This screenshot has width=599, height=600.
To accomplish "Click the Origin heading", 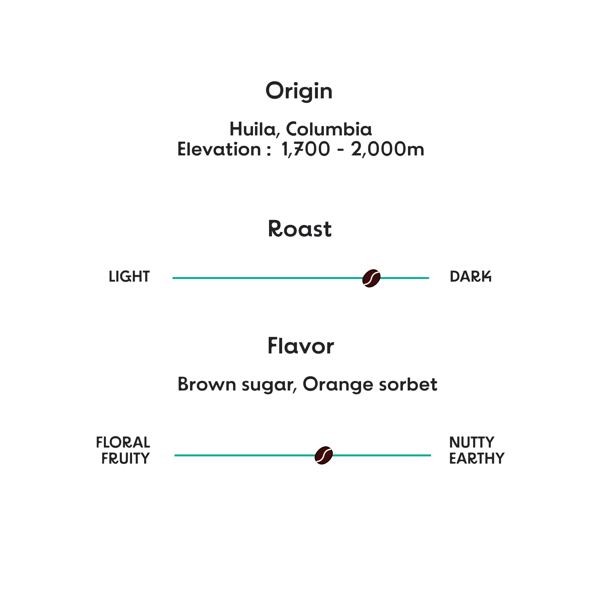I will (299, 91).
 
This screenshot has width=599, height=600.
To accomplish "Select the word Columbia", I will (329, 129).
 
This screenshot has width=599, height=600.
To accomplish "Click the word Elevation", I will (219, 150).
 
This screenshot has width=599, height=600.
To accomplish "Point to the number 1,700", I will (305, 150).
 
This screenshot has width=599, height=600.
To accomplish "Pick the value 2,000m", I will (387, 150).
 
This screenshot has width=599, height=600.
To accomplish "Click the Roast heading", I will (299, 229).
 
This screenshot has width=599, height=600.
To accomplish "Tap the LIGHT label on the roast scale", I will (129, 277).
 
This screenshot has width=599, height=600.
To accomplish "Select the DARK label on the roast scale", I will (471, 277).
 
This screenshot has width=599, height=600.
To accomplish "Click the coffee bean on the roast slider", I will (371, 278).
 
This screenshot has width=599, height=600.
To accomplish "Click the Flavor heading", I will (301, 346).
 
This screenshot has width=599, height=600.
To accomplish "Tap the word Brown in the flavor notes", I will (207, 384).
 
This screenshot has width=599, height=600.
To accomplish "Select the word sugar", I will (269, 385).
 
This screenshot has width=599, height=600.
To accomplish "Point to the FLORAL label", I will (123, 443).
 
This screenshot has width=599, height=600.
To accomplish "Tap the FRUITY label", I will (125, 458).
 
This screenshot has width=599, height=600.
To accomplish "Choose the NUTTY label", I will (472, 443).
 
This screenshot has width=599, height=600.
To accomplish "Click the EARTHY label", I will (476, 458).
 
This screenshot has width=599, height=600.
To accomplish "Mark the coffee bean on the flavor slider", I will (324, 455).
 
